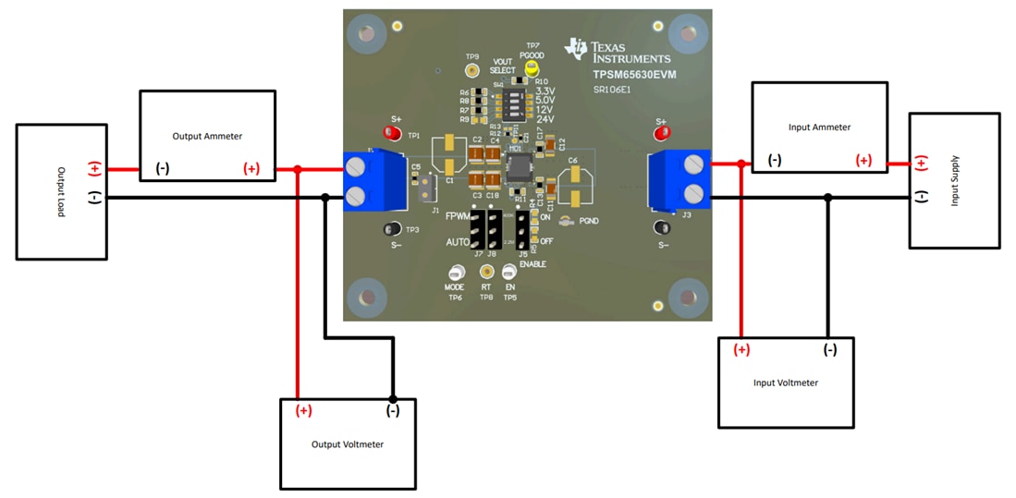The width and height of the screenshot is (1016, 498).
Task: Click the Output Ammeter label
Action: coord(207,136)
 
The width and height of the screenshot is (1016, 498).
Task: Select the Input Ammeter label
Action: coord(819,127)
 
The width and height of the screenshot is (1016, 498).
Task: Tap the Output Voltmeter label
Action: coord(348,444)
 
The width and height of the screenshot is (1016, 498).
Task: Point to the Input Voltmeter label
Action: coord(785,383)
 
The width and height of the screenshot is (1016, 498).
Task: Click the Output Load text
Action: coord(62,192)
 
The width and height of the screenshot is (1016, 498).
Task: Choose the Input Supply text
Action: coord(955,181)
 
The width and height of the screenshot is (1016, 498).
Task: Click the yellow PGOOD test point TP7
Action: coord(532,67)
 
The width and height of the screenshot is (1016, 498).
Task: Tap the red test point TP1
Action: coord(392,134)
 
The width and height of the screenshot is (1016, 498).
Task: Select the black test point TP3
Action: coord(391,229)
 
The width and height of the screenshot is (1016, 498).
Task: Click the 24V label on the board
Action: coord(545,119)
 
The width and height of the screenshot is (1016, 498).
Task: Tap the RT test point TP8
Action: coord(486,272)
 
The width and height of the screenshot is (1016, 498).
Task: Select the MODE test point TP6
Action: coord(455,273)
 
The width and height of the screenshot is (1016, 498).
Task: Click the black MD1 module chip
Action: coord(518,170)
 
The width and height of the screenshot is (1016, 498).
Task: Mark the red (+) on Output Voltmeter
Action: coord(303,410)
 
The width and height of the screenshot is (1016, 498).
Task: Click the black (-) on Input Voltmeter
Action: coord(829,349)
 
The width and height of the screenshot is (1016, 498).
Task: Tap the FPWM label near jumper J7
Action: coord(457,216)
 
